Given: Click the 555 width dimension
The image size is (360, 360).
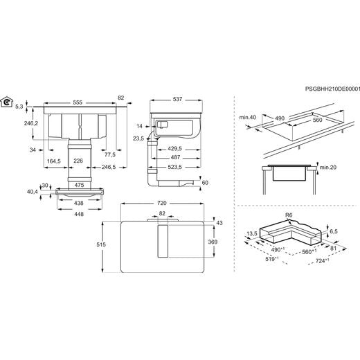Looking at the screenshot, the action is tap(78, 102).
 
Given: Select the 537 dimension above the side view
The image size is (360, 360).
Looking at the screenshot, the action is tap(177, 100).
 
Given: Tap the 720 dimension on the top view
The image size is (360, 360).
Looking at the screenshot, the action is tap(162, 203).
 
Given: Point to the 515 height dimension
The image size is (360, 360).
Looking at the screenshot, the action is tap(101, 244).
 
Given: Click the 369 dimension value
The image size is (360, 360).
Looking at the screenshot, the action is tap(213, 242).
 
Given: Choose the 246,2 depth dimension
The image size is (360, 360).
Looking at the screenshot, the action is tap(31, 123).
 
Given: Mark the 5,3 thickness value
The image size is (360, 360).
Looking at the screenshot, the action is tap(19, 107).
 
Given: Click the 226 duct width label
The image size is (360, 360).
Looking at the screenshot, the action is tap(78, 161).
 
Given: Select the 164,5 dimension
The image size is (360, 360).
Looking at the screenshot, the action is tap(54, 161).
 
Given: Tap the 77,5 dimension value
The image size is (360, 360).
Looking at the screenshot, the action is tap(110, 154).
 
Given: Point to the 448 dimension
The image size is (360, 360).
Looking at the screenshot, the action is tap(79, 214).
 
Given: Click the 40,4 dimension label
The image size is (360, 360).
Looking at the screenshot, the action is tap(33, 192).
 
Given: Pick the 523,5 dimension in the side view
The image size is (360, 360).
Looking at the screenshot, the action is tap(174, 167).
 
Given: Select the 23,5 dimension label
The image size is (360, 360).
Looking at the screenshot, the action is tap(138, 138).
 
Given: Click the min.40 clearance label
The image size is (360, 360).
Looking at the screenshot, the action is tap(248, 118).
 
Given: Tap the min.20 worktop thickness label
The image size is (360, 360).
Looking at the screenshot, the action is tap(328, 167).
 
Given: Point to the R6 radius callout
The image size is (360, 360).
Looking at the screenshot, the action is tap(289, 215).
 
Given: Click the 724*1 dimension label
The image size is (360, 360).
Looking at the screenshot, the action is tap(322, 261).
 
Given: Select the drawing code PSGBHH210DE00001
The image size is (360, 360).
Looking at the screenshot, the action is tap(332, 89).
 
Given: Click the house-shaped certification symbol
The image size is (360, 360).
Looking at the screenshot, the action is tap(7, 102).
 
